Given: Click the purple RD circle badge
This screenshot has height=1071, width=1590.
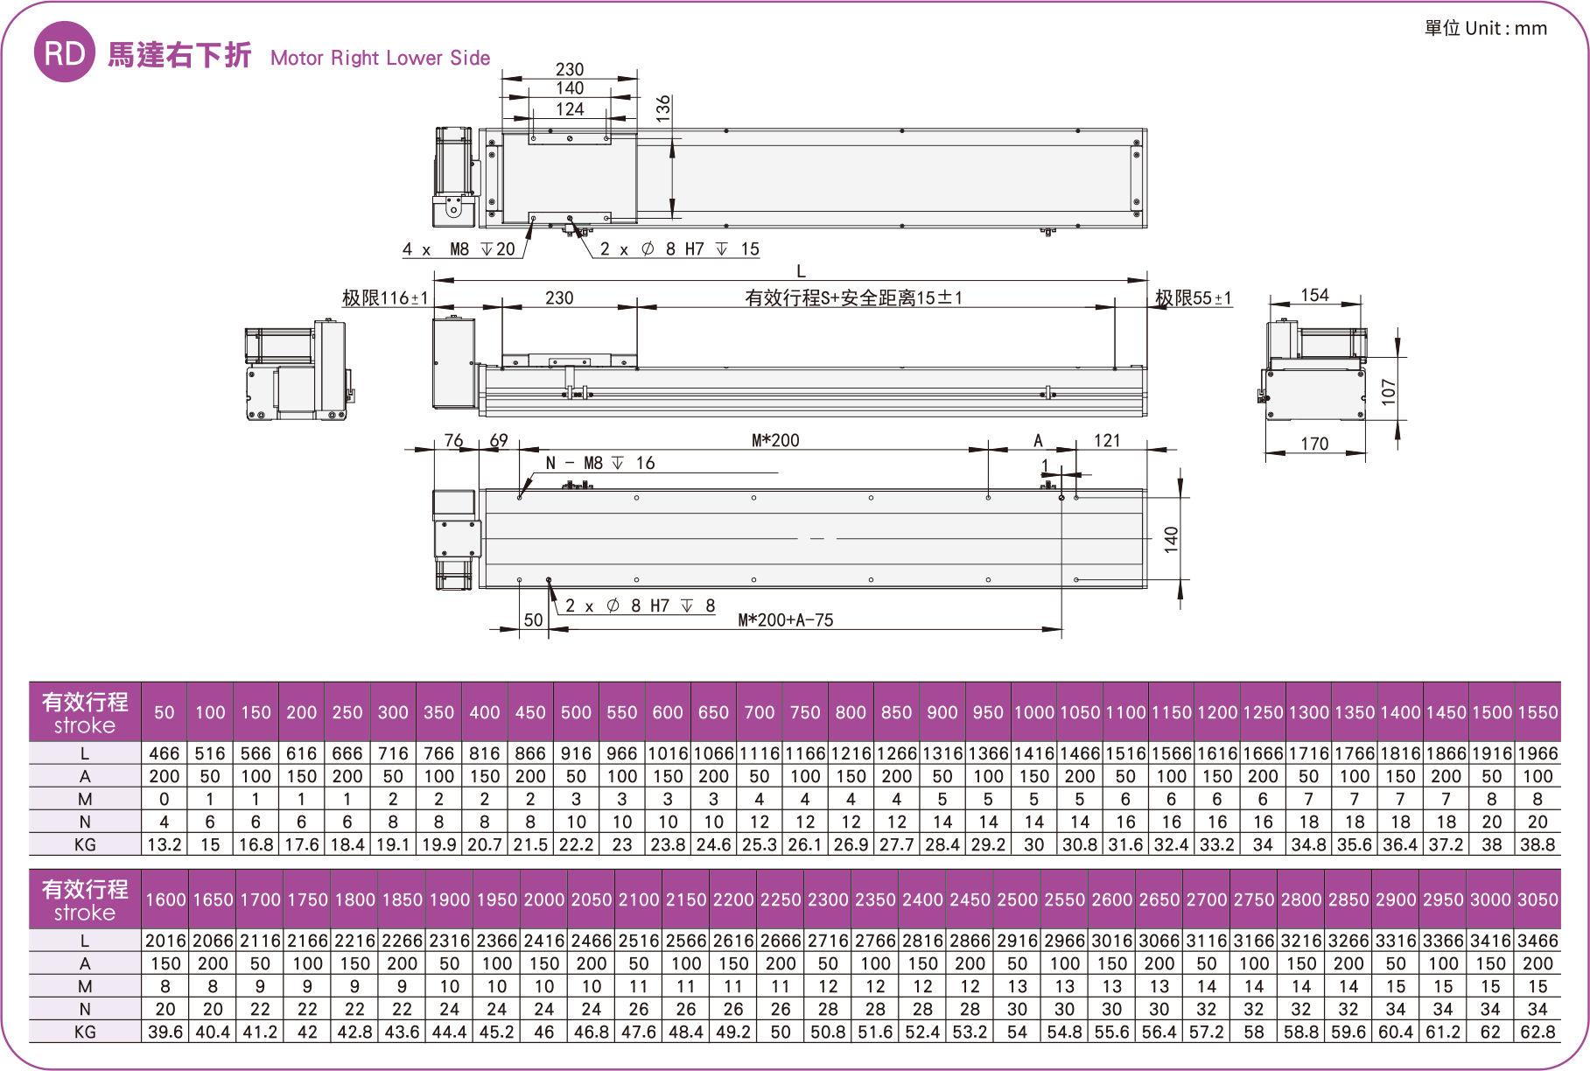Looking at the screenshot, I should pyautogui.click(x=64, y=52).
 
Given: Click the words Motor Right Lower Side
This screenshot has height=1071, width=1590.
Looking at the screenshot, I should pyautogui.click(x=380, y=59).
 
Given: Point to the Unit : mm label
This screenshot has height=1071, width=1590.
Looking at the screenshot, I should pyautogui.click(x=1485, y=28).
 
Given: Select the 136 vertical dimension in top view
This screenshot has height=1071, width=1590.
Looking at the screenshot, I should pyautogui.click(x=664, y=108).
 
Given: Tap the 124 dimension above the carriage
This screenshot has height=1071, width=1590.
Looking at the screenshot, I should pyautogui.click(x=570, y=109).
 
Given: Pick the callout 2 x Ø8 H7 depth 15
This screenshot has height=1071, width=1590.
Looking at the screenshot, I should pyautogui.click(x=680, y=249).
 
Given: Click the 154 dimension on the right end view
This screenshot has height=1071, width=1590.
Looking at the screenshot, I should pyautogui.click(x=1314, y=295).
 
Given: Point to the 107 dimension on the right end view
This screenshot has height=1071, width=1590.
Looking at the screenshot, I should pyautogui.click(x=1389, y=391).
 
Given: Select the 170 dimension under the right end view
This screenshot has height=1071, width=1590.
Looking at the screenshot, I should pyautogui.click(x=1314, y=444).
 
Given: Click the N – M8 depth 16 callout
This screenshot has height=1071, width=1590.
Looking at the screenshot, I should pyautogui.click(x=599, y=464).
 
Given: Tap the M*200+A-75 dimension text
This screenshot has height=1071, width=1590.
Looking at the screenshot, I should pyautogui.click(x=785, y=620).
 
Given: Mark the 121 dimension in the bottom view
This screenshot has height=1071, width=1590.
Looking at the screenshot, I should pyautogui.click(x=1107, y=440).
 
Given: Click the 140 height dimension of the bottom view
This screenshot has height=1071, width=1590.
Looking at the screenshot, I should pyautogui.click(x=1171, y=539).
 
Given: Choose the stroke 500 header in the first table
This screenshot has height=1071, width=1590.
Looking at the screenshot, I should pyautogui.click(x=576, y=712).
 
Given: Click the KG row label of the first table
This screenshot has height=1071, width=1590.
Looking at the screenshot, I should pyautogui.click(x=85, y=844).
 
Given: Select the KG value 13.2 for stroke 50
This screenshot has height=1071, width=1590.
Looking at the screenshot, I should pyautogui.click(x=164, y=844).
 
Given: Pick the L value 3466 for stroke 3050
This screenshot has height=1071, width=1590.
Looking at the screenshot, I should pyautogui.click(x=1537, y=941).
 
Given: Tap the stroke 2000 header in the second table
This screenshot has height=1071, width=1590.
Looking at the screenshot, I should pyautogui.click(x=543, y=899).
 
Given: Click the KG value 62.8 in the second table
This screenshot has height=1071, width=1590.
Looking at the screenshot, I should pyautogui.click(x=1537, y=1032).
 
